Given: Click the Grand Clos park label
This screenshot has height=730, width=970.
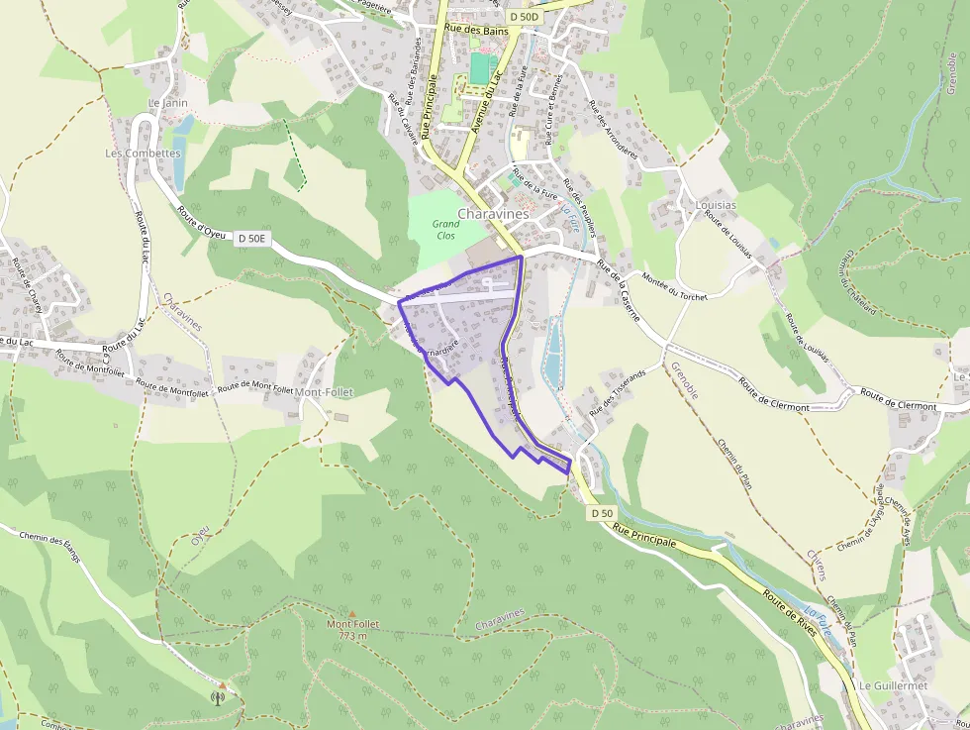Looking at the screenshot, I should tap(446, 230).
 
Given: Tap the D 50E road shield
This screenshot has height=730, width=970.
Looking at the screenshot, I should tap(252, 238).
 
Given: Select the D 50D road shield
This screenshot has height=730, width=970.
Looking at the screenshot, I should tap(525, 17).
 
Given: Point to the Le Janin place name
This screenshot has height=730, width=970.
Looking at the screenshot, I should tap(167, 103).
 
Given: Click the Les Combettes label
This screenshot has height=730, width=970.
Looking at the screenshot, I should tap(136, 154).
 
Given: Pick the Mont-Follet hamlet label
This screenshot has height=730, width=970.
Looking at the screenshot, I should tap(325, 392).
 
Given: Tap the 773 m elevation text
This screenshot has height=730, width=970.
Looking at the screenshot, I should tap(351, 636).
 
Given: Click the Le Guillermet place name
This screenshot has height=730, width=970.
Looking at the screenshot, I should tap(893, 685).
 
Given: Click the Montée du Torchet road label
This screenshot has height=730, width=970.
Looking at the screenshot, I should tap(675, 286).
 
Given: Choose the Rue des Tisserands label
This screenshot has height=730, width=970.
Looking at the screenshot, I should tap(617, 392).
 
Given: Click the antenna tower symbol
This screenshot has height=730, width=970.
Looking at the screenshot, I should tap(218, 696).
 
